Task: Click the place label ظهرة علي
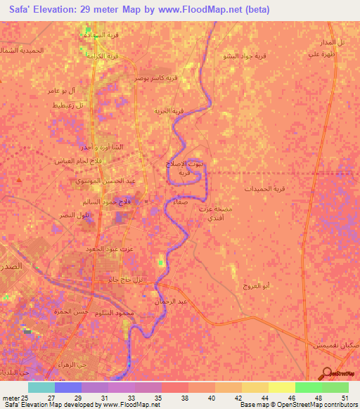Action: point(321,53)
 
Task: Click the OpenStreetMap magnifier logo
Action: point(326,373)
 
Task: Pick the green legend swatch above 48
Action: point(308,387)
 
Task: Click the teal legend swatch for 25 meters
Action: point(41,387)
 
